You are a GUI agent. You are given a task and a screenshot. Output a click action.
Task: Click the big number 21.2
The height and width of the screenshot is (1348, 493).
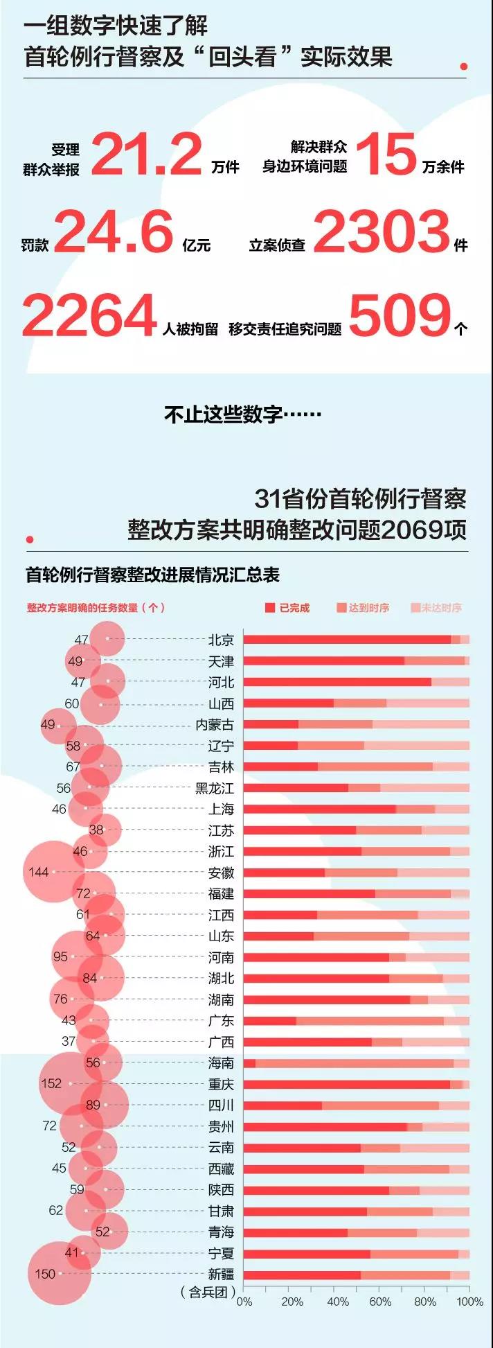(146, 155)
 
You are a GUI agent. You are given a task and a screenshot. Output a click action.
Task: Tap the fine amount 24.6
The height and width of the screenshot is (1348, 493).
(114, 232)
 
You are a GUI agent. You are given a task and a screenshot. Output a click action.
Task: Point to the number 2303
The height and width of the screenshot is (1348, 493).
(382, 232)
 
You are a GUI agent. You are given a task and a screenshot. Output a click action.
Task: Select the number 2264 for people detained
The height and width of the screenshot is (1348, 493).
(90, 316)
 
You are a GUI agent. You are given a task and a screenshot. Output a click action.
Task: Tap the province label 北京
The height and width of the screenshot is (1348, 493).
(221, 640)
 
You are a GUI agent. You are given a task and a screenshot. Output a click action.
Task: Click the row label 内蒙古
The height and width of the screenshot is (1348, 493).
(215, 725)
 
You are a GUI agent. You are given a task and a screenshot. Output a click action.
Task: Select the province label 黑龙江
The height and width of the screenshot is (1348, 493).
(215, 788)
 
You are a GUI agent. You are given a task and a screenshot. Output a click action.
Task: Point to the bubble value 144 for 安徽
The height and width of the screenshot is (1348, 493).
(39, 872)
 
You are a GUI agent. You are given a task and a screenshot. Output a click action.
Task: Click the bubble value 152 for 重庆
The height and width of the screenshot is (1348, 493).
(51, 1083)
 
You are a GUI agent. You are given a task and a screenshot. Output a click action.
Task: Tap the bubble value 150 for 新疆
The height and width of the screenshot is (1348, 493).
(45, 1274)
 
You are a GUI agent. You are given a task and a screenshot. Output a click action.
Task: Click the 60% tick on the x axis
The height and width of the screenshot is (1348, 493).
(380, 1302)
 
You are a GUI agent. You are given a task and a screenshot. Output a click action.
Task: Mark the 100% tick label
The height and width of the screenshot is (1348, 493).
(469, 1302)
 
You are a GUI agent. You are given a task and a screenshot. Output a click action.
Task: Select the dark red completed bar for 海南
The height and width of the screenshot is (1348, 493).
(249, 1063)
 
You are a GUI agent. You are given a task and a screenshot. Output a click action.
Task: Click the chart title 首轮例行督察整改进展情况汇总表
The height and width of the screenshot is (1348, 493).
(152, 575)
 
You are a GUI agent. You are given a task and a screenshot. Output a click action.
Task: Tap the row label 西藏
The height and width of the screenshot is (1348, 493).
(221, 1168)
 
